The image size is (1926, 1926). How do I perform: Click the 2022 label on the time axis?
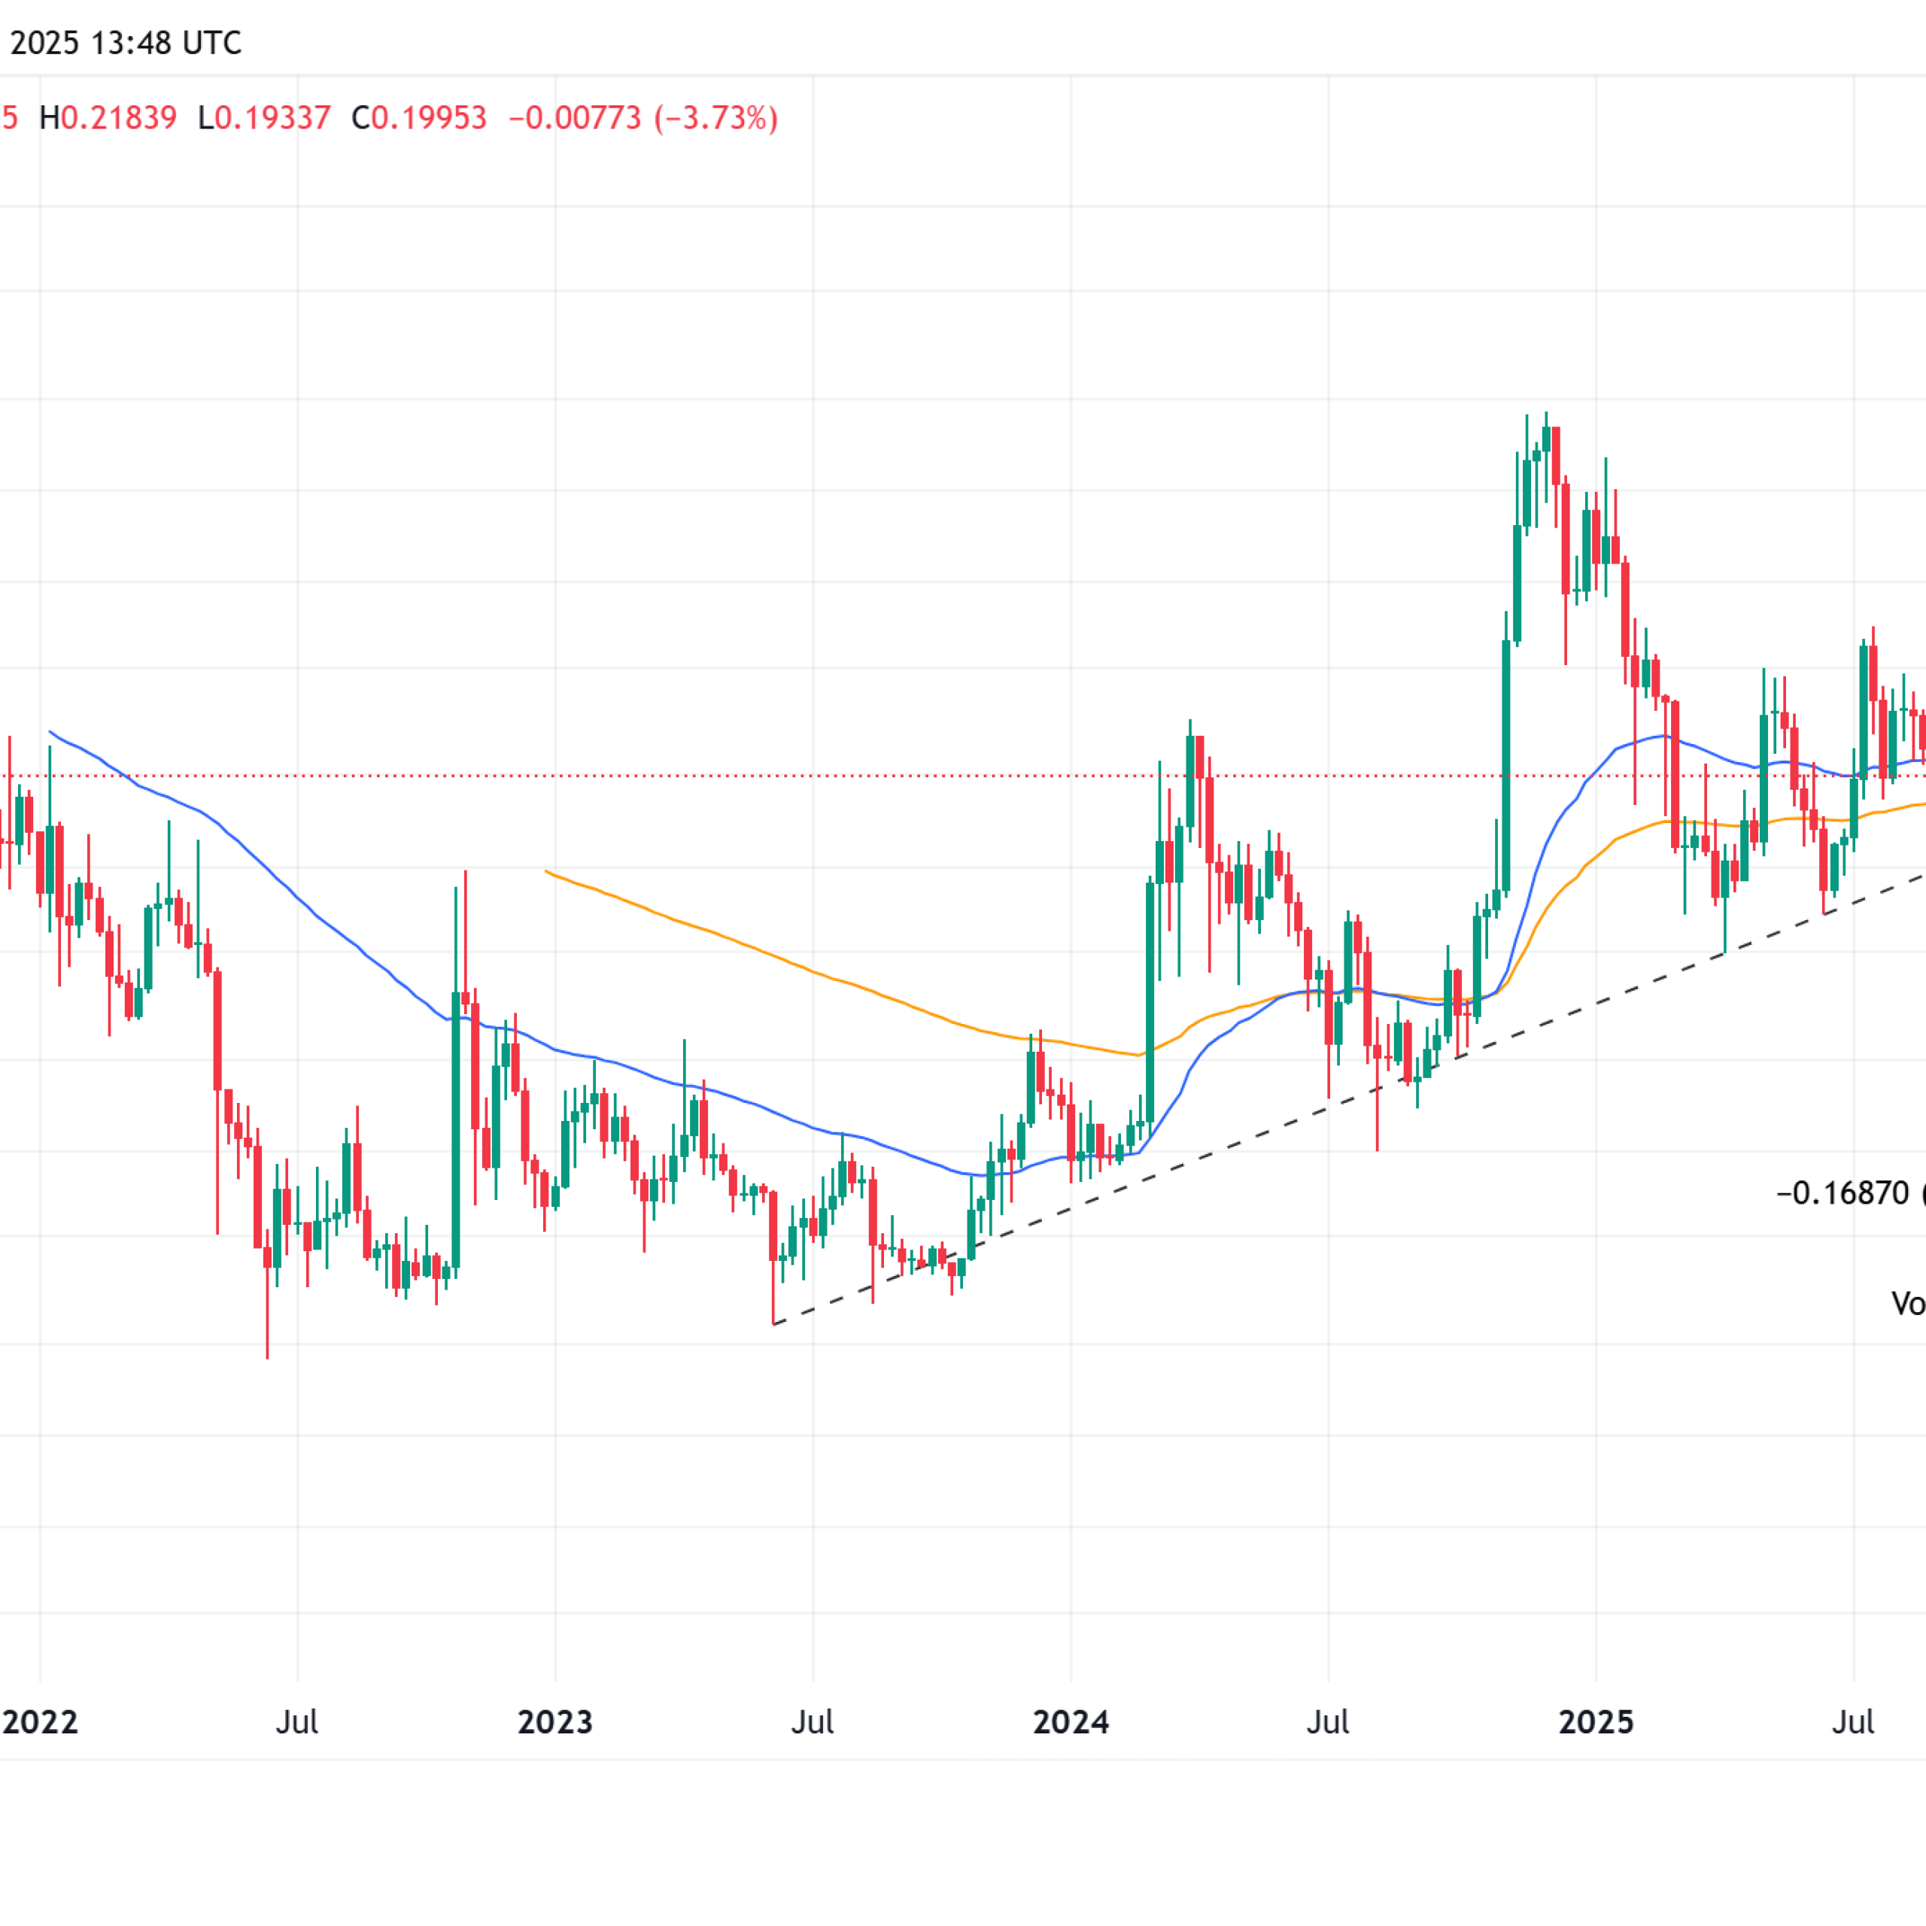(40, 1721)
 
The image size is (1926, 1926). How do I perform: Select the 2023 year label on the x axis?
(555, 1721)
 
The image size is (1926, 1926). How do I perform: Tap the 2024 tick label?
(1071, 1721)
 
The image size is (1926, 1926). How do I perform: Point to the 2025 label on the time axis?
(1596, 1721)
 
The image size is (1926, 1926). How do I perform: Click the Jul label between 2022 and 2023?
(297, 1721)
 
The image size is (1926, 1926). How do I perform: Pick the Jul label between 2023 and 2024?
(813, 1721)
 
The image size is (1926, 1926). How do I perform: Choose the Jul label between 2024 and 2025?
(1328, 1721)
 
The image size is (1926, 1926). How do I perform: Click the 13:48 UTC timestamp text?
(166, 43)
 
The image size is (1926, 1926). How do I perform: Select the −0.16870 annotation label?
(1842, 1193)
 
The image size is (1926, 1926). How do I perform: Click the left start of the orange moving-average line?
(546, 871)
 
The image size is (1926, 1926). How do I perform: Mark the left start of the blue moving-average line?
(50, 732)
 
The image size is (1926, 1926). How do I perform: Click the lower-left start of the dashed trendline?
(773, 1324)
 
